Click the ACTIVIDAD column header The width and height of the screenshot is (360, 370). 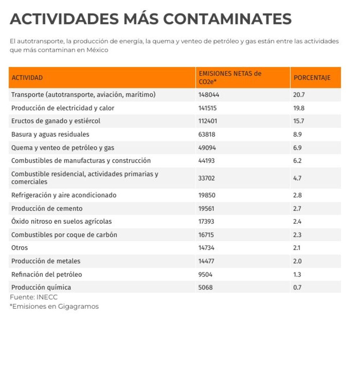point(27,77)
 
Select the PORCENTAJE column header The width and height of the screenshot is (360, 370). point(312,77)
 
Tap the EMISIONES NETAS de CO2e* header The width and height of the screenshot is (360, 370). point(230,77)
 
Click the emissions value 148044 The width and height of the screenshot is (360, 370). point(209,95)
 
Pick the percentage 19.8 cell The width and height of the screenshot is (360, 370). point(299,108)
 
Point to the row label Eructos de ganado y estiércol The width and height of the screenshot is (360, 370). point(56,121)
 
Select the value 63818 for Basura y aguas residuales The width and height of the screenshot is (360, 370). point(207,134)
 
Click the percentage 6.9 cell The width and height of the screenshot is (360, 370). point(297,148)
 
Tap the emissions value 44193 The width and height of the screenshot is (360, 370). point(207,161)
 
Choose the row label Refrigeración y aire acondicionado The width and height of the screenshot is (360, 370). point(64,195)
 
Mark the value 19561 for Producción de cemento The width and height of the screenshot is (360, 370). point(206,209)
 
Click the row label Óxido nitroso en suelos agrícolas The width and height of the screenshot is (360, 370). point(62,221)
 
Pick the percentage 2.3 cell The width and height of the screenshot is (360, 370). point(297,235)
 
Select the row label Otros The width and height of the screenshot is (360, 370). point(19,248)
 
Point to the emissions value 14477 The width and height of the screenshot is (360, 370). point(206,261)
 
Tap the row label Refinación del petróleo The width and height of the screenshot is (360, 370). point(47,275)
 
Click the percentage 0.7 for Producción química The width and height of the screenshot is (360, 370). point(297,287)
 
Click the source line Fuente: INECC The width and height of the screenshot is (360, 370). point(34,297)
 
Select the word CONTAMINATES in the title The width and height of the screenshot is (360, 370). point(228,19)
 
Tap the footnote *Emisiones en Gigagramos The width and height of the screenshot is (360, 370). point(54,307)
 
